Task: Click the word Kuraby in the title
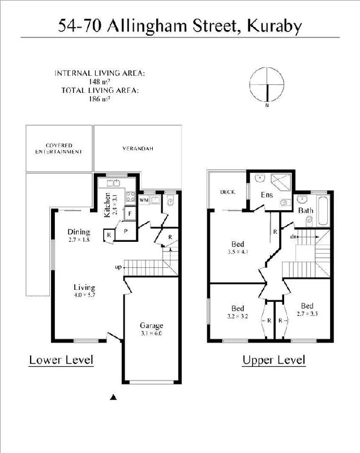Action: pyautogui.click(x=275, y=26)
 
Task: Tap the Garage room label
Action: pyautogui.click(x=151, y=325)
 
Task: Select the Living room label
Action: pyautogui.click(x=84, y=287)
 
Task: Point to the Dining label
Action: pyautogui.click(x=79, y=232)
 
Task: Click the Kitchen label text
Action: pyautogui.click(x=107, y=205)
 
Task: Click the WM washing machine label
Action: pyautogui.click(x=144, y=200)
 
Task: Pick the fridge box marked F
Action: pyautogui.click(x=130, y=213)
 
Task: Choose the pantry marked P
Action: pyautogui.click(x=126, y=231)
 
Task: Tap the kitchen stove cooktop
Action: pyautogui.click(x=130, y=196)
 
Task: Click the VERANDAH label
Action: pyautogui.click(x=138, y=148)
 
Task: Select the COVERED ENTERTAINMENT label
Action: pyautogui.click(x=59, y=148)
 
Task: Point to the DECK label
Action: pyautogui.click(x=228, y=192)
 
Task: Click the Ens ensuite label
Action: pyautogui.click(x=267, y=195)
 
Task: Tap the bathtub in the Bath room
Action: pyautogui.click(x=323, y=211)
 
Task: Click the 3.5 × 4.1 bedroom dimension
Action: pyautogui.click(x=238, y=251)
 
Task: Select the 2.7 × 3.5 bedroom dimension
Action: pyautogui.click(x=307, y=314)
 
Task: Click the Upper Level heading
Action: pyautogui.click(x=274, y=360)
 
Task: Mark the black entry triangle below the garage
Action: pyautogui.click(x=113, y=398)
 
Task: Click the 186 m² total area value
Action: pyautogui.click(x=100, y=99)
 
